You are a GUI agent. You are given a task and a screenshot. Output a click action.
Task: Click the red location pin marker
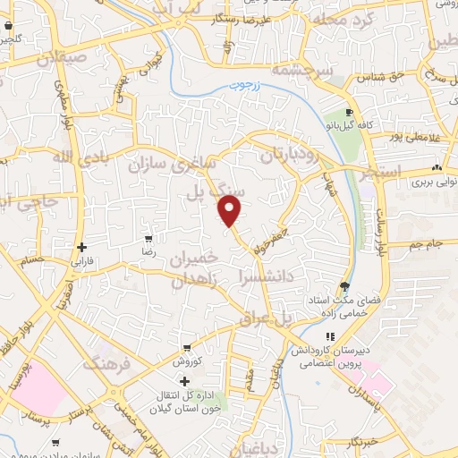[x=231, y=211]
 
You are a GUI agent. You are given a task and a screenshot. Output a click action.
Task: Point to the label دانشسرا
[x=266, y=277]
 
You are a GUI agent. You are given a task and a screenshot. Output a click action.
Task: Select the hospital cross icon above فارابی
[x=81, y=247]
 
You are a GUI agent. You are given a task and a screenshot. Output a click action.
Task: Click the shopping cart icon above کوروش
[x=185, y=348]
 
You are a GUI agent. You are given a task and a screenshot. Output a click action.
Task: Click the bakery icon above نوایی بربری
[x=437, y=167]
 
